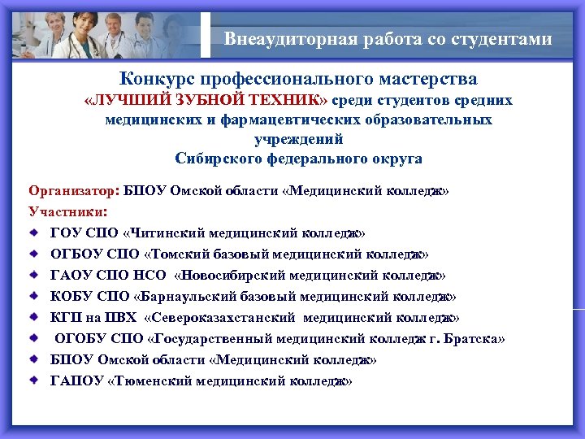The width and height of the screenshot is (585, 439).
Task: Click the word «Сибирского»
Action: pos(214,158)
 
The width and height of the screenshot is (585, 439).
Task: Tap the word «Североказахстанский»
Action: pos(223,317)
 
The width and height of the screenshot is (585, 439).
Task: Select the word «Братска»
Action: pos(476,338)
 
